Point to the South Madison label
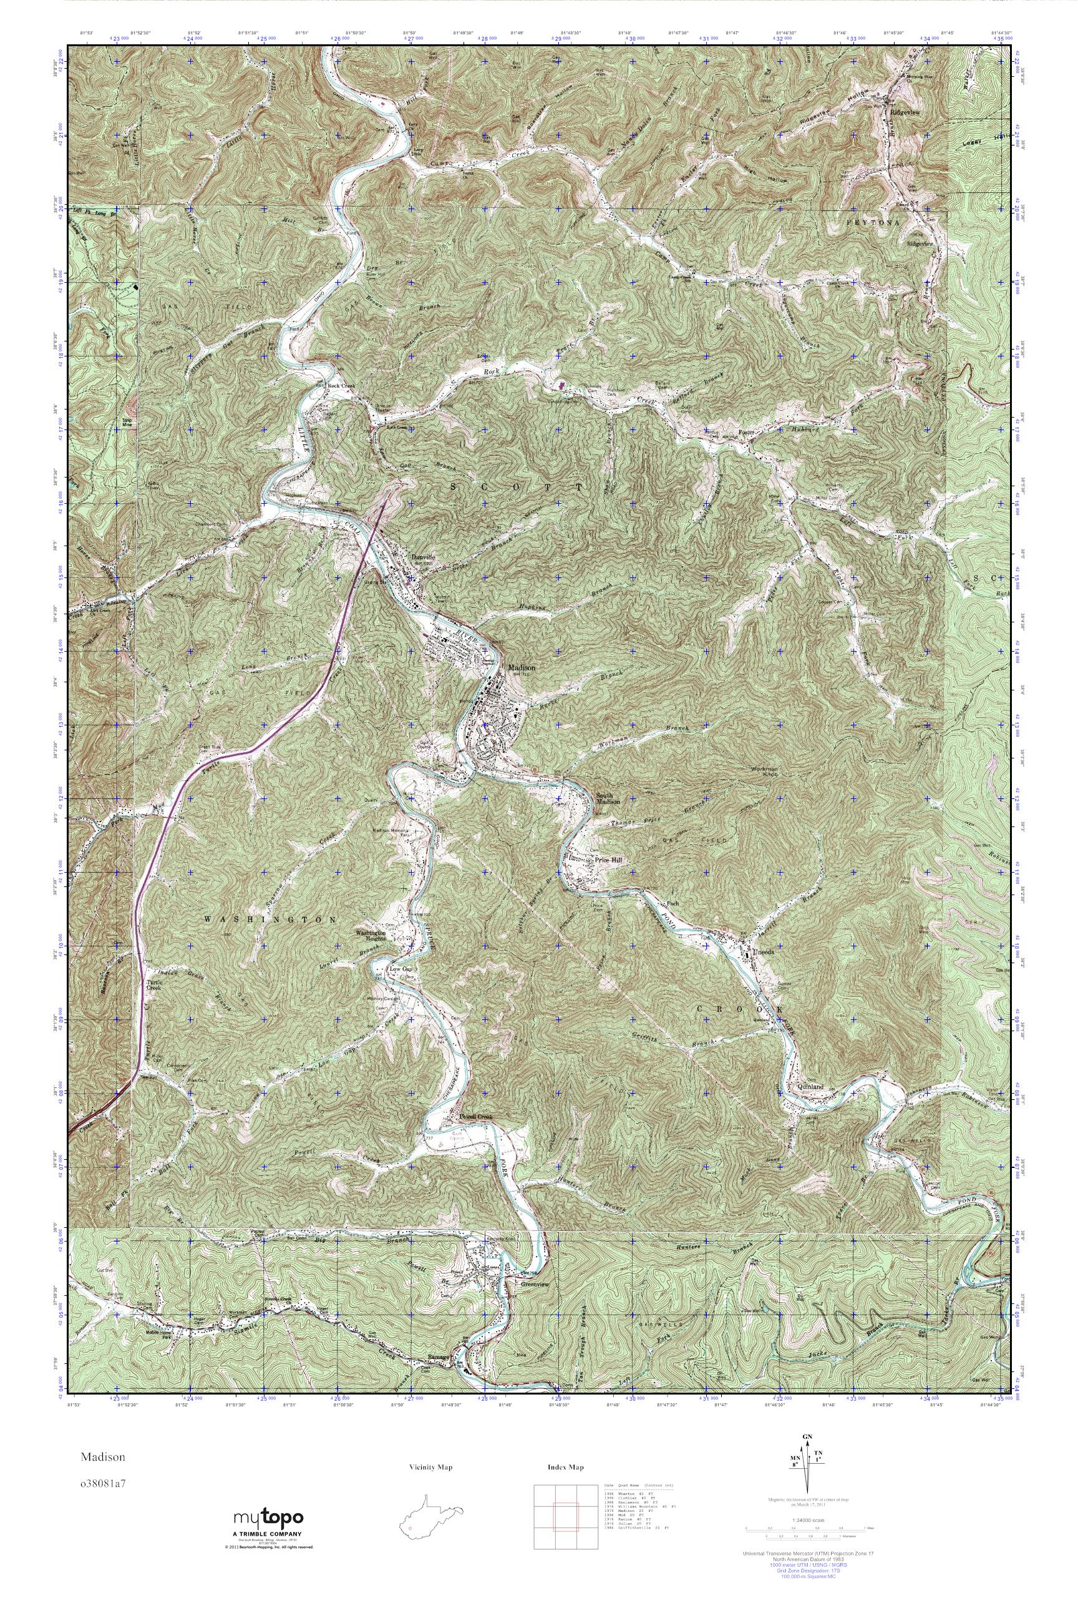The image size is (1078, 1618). point(608,798)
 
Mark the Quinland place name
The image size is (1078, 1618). point(810,1086)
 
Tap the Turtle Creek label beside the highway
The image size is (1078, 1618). point(153,986)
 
